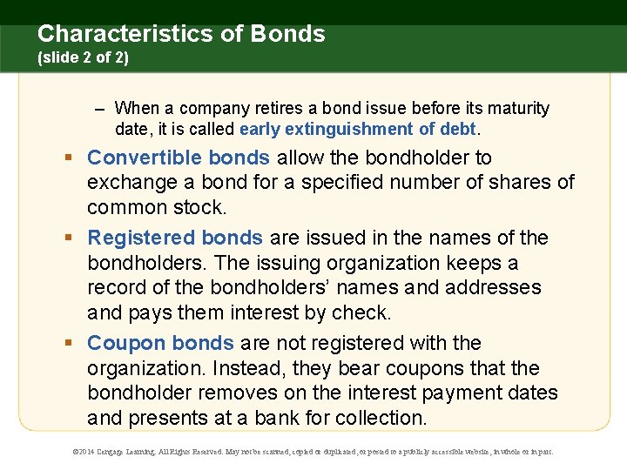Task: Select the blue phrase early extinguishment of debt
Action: tap(357, 129)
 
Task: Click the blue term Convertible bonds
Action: tap(179, 158)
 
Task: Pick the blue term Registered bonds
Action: tap(175, 238)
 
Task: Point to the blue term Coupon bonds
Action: tap(160, 343)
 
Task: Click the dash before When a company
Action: tap(100, 109)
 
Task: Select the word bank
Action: tap(280, 418)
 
